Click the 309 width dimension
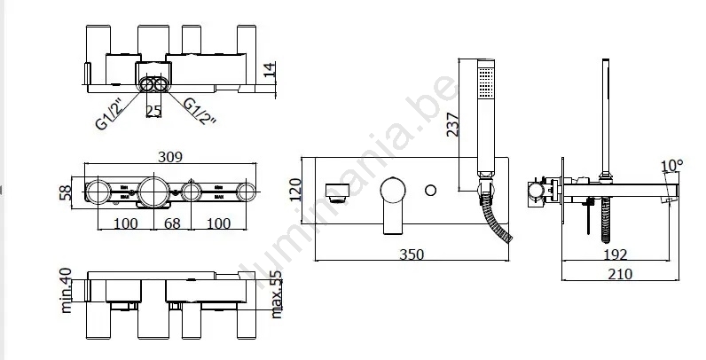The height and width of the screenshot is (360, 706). point(170,157)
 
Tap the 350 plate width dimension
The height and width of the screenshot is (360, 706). point(412,254)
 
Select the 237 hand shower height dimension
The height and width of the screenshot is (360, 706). point(452,125)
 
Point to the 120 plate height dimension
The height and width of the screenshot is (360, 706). point(295,190)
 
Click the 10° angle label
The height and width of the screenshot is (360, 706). point(671,166)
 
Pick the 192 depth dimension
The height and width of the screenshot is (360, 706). point(615,254)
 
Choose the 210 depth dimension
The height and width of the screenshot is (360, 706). point(620,274)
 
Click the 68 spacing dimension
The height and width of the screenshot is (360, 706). point(172,223)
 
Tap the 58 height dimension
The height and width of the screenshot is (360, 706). point(66,192)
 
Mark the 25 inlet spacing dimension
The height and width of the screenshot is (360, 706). point(153,111)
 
